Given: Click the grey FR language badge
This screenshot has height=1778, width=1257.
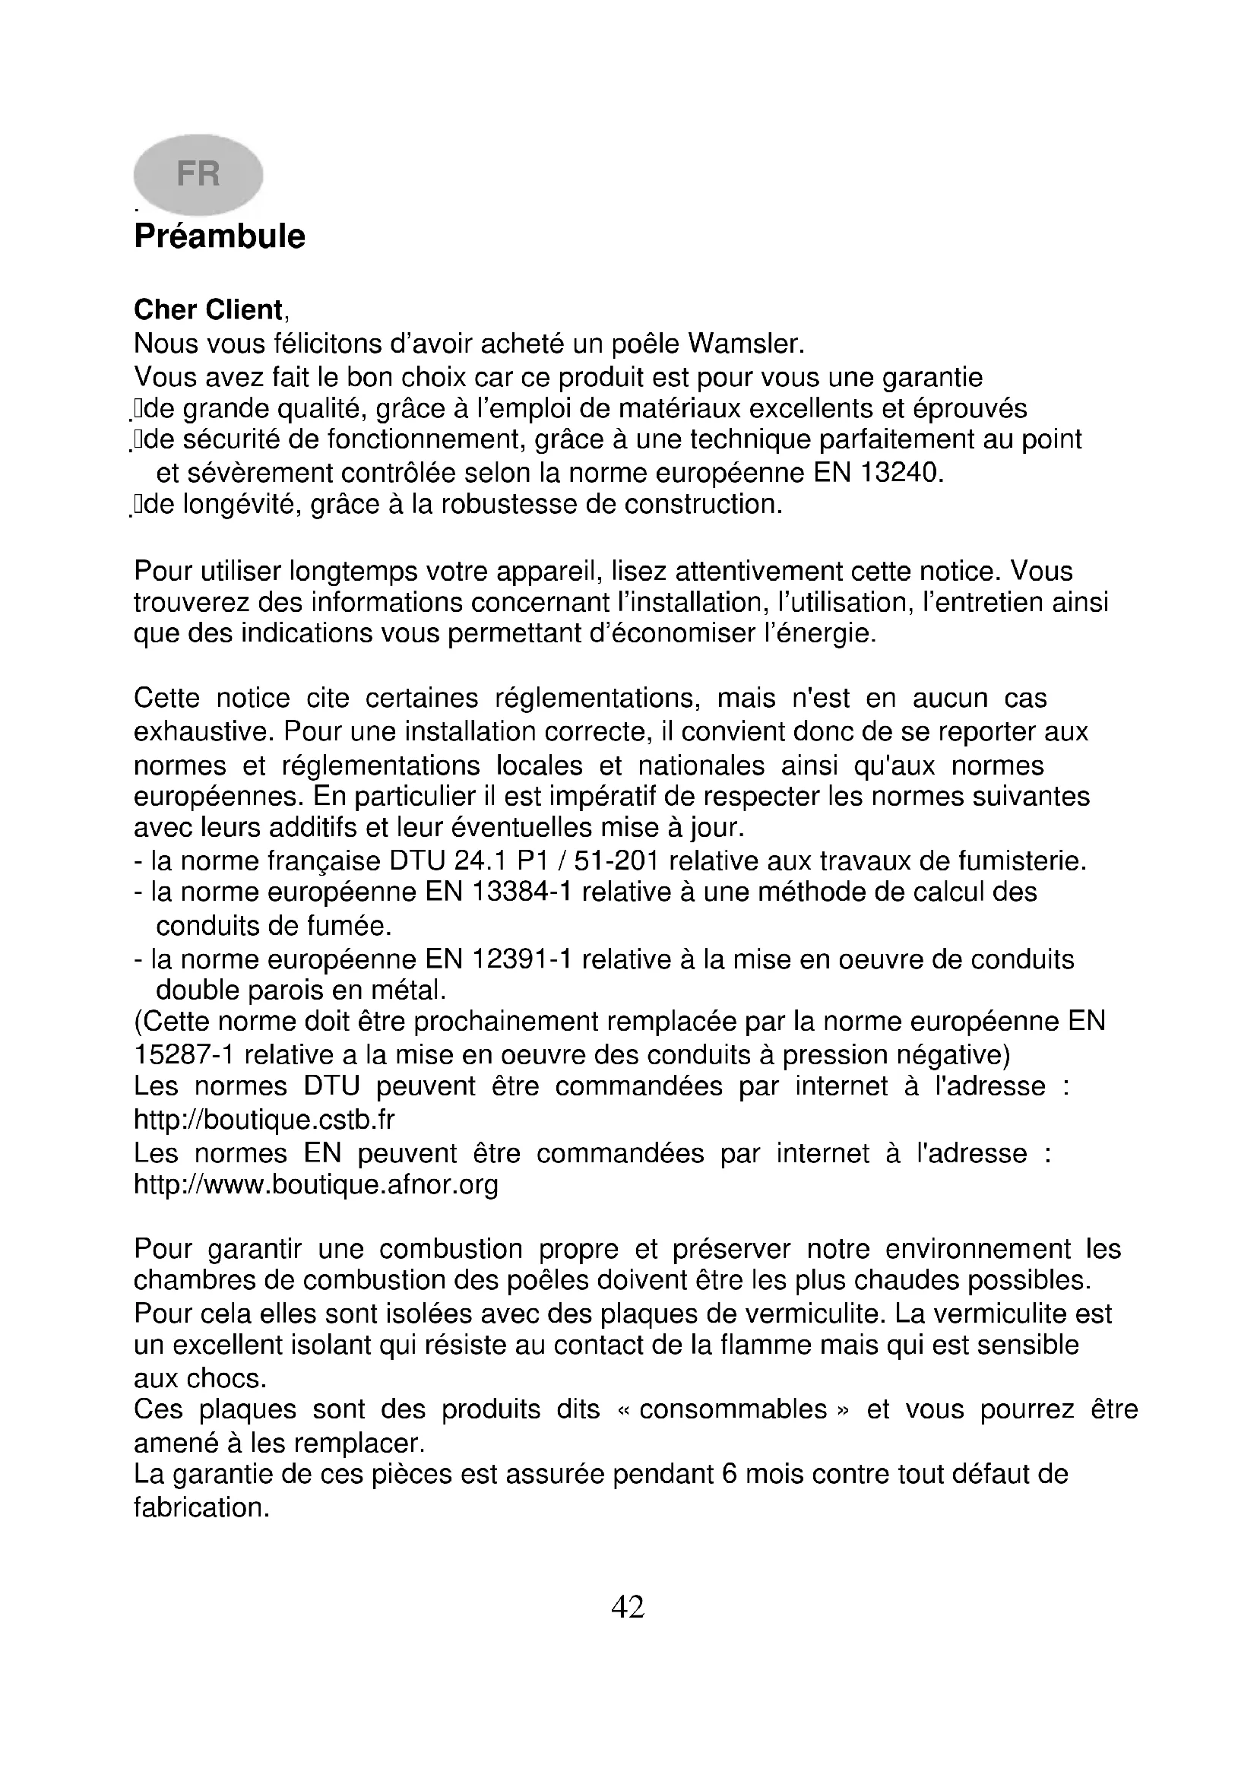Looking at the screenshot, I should click(198, 174).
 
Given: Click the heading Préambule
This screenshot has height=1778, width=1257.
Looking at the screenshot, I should click(220, 236).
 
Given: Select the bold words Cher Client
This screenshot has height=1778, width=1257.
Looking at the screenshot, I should click(208, 309).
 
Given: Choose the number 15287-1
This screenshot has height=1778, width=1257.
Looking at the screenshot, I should click(185, 1055).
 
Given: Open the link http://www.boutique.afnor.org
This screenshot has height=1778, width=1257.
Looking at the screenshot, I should click(316, 1185).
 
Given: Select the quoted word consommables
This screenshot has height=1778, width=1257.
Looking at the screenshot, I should click(733, 1409).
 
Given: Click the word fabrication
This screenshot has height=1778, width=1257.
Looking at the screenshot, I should click(201, 1507).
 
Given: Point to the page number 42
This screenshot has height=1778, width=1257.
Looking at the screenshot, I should click(628, 1608).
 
